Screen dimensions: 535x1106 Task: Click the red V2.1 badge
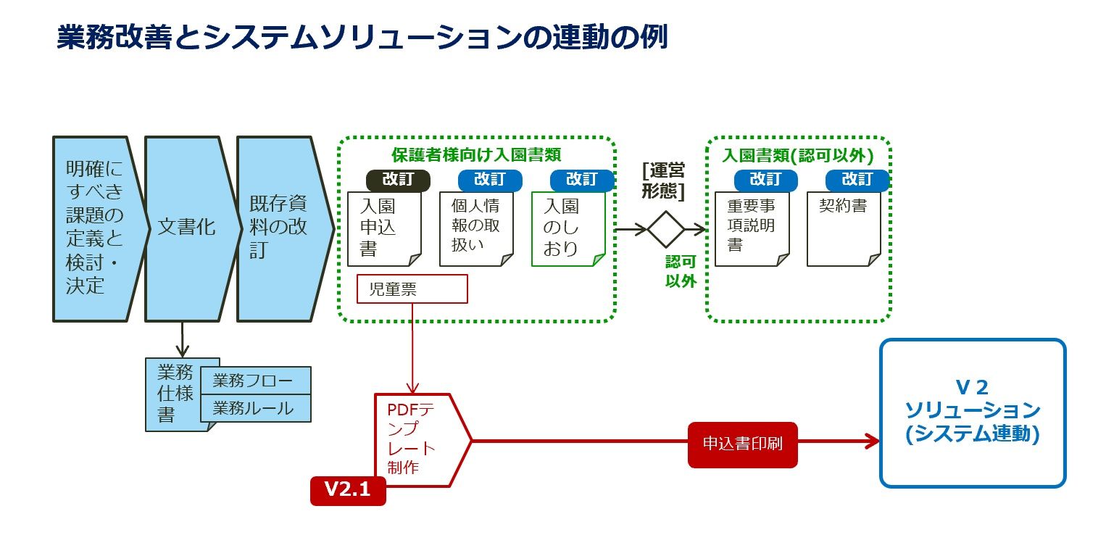348,490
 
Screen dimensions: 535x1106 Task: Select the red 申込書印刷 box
742,444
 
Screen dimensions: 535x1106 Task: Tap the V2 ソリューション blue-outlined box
973,412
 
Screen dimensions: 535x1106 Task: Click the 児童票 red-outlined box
412,289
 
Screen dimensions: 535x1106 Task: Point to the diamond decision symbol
666,229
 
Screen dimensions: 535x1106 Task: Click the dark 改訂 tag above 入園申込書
398,180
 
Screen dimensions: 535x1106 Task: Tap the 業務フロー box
253,381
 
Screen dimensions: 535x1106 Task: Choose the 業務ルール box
253,408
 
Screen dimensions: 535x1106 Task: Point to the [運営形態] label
663,180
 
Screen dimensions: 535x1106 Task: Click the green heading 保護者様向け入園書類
476,154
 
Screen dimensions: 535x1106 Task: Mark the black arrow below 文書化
181,339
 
